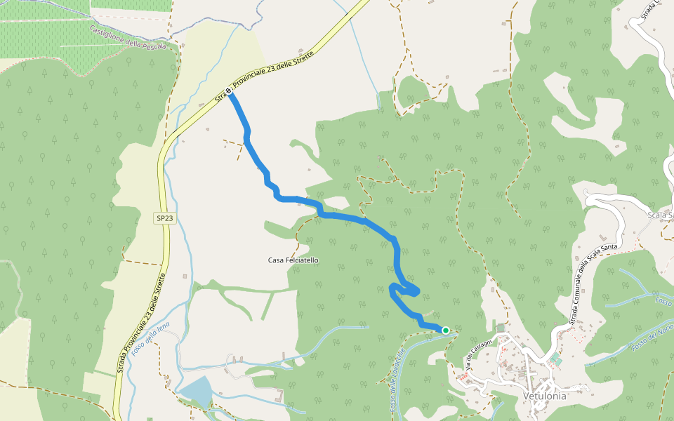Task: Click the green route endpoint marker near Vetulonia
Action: tap(445, 330)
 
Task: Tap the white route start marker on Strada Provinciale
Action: tap(228, 91)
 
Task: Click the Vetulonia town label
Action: tap(545, 396)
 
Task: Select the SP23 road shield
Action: tap(164, 219)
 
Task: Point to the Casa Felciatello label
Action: tap(293, 260)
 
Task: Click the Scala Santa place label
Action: tap(660, 215)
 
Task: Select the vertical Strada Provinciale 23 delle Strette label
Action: tap(142, 323)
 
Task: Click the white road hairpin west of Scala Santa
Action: tap(592, 199)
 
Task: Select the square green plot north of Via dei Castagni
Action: tap(501, 328)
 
